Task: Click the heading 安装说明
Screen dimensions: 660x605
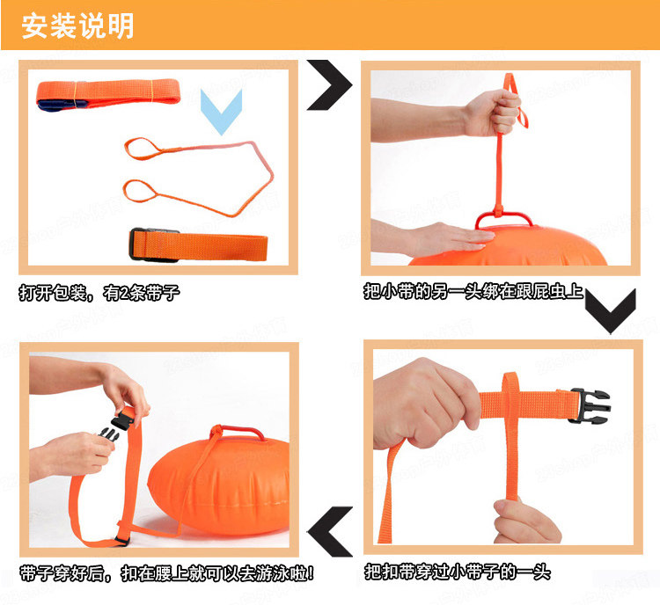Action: (77, 26)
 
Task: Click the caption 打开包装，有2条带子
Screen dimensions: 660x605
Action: (99, 293)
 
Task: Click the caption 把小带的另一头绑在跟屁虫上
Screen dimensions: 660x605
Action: (473, 291)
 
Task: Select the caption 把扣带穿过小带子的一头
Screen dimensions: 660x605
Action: (458, 572)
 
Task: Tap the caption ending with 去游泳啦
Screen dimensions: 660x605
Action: (166, 573)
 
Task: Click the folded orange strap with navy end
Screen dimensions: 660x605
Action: (108, 95)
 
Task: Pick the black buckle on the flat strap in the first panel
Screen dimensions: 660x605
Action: (137, 244)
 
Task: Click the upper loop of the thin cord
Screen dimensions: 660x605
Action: (143, 148)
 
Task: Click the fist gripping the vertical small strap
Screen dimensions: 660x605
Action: (494, 113)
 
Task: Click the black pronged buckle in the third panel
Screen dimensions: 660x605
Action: (590, 405)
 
